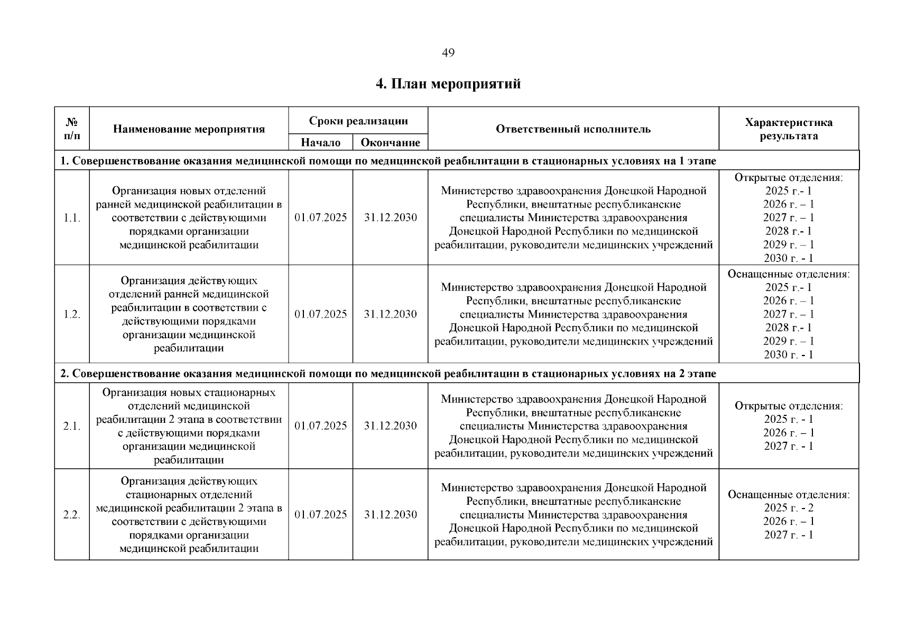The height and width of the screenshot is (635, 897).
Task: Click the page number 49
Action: click(x=448, y=53)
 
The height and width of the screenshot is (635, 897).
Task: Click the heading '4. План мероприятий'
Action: click(x=448, y=84)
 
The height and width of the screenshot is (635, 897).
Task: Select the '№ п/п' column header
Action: click(x=72, y=129)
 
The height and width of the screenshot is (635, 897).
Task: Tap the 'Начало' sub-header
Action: click(x=320, y=142)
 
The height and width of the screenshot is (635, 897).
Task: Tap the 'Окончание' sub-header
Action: click(x=390, y=142)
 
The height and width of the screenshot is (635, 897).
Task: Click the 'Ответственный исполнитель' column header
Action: click(x=573, y=129)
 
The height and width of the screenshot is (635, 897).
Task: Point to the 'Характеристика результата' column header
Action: click(x=788, y=129)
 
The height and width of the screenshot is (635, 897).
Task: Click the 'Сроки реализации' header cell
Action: click(x=358, y=121)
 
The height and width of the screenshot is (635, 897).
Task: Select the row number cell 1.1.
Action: click(x=72, y=218)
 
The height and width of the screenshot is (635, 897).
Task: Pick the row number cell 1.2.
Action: click(x=72, y=314)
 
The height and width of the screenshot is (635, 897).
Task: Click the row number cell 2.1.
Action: click(x=72, y=426)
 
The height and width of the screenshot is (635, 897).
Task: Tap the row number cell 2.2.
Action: click(x=72, y=515)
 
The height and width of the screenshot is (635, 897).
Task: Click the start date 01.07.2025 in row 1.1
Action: click(x=320, y=218)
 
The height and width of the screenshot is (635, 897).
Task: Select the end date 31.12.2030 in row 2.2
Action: click(x=390, y=515)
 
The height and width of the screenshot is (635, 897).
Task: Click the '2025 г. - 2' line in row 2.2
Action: click(x=788, y=508)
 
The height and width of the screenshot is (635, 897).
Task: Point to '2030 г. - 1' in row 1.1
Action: click(x=788, y=258)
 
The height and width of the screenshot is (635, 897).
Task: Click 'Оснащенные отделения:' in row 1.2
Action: click(x=788, y=274)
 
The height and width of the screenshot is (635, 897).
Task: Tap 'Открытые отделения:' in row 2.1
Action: click(x=788, y=406)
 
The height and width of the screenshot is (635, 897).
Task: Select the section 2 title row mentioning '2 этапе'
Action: click(x=388, y=374)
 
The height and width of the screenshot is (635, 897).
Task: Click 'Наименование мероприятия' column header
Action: click(x=189, y=129)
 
